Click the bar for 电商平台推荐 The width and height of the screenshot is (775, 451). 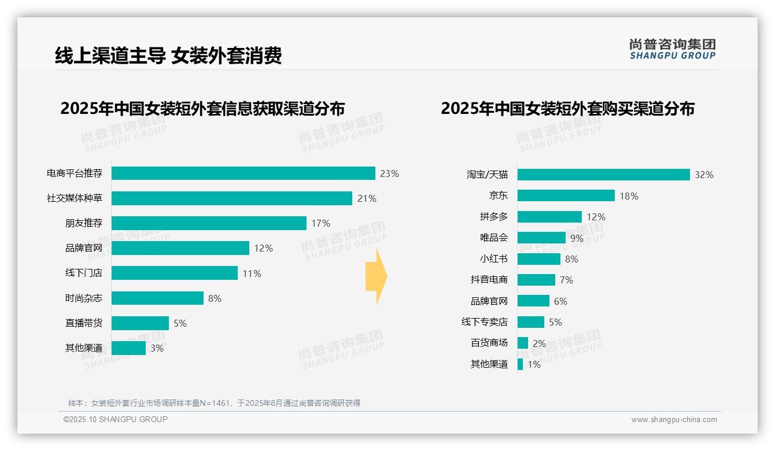(x=243, y=173)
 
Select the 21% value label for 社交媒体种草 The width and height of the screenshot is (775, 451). (x=367, y=198)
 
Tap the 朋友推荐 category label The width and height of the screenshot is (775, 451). (x=83, y=223)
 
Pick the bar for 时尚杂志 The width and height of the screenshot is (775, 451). (x=157, y=298)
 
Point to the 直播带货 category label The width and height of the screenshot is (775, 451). (x=83, y=323)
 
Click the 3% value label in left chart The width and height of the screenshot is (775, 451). (x=157, y=348)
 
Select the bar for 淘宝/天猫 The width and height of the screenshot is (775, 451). (x=603, y=175)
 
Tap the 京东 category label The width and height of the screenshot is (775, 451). (x=498, y=196)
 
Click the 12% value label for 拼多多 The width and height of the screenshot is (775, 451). (x=596, y=217)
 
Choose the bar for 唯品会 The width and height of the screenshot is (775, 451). (x=541, y=238)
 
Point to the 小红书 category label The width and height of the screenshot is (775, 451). (x=493, y=259)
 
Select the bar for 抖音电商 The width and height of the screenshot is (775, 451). (x=536, y=280)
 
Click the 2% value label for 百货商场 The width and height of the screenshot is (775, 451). (x=539, y=343)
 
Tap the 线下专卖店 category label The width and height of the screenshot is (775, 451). (x=484, y=322)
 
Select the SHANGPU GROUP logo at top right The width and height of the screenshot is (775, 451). (x=672, y=49)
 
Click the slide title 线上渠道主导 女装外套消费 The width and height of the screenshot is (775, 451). (x=168, y=56)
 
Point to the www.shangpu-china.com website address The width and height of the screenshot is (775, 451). (x=674, y=420)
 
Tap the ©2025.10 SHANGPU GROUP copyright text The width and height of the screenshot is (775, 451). (x=115, y=419)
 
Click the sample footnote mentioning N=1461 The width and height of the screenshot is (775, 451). (x=214, y=403)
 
